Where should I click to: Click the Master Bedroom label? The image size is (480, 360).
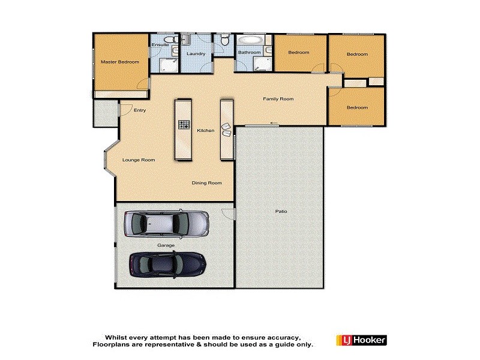[119, 62]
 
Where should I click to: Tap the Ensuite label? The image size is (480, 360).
[160, 45]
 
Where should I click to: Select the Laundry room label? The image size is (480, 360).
[196, 54]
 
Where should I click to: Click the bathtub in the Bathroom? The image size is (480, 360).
[250, 42]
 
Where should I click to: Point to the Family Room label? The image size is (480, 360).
[278, 98]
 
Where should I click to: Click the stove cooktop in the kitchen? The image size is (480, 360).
[184, 126]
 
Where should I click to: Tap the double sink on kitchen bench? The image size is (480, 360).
[226, 130]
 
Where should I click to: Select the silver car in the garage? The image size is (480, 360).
[166, 224]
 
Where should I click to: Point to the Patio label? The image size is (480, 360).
[280, 211]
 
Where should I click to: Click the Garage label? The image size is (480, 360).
[166, 245]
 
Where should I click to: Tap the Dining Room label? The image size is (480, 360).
[206, 183]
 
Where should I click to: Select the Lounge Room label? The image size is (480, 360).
[139, 160]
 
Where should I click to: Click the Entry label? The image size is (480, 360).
[140, 110]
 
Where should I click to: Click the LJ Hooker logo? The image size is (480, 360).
[360, 341]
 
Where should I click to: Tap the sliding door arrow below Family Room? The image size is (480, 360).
[274, 124]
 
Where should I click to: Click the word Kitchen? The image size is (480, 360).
[206, 130]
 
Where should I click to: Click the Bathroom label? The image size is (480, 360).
[249, 53]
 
